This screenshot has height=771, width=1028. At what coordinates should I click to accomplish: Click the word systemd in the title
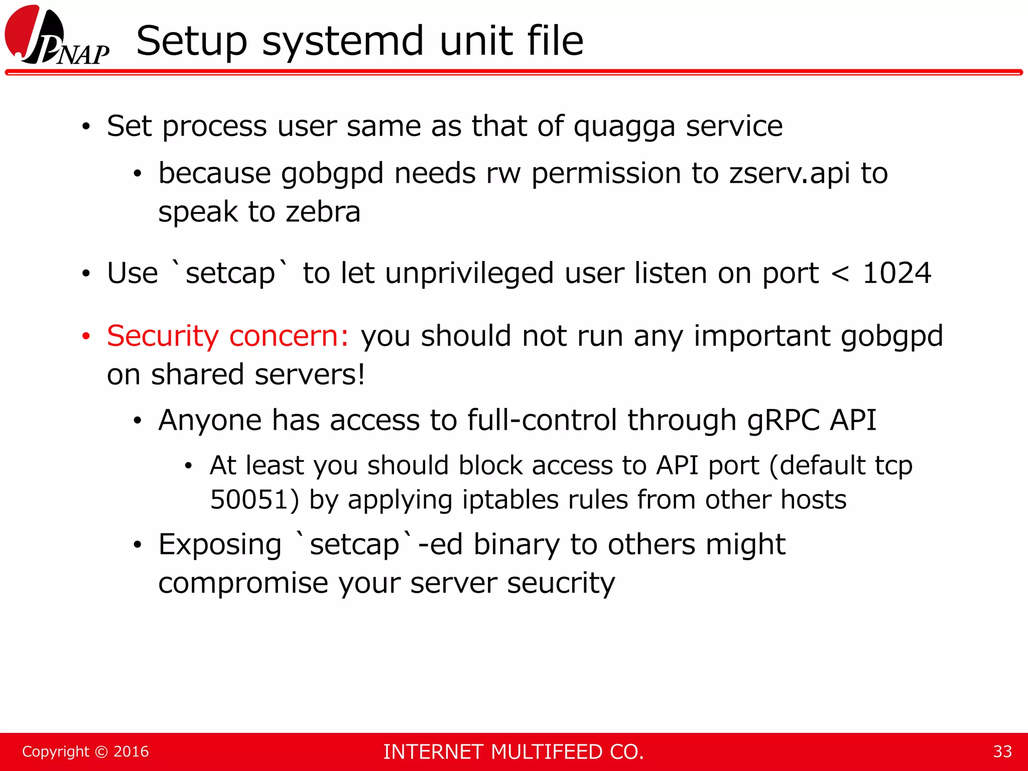tap(343, 41)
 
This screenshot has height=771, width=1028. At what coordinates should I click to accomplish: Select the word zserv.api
tap(789, 174)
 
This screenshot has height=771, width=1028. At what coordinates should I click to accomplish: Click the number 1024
tap(896, 274)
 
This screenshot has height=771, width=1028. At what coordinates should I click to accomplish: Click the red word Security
tap(163, 336)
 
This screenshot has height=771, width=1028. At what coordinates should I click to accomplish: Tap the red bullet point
tap(86, 336)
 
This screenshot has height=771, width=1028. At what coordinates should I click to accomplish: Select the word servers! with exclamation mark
tap(310, 374)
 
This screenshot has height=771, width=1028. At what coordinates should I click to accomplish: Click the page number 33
tap(1002, 752)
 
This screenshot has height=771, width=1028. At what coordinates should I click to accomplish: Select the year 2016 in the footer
tap(131, 752)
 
